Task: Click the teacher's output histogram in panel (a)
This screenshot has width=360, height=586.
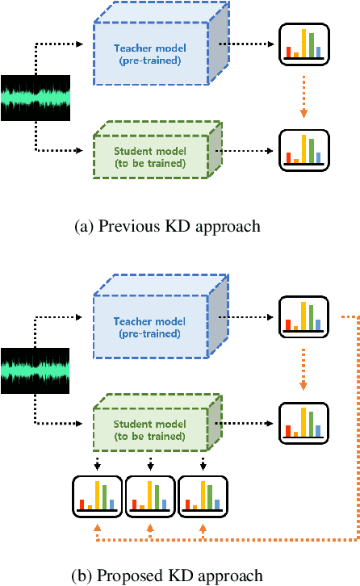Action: tap(303, 44)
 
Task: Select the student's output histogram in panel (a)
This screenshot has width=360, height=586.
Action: tap(303, 150)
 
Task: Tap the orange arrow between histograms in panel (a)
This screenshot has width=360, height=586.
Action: tap(303, 97)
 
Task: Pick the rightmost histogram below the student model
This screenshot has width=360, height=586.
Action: tap(203, 496)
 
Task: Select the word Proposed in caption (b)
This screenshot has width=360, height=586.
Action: tap(127, 576)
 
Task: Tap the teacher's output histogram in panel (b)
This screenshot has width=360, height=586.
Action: tap(303, 317)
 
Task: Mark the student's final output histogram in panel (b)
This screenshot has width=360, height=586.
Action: tap(303, 422)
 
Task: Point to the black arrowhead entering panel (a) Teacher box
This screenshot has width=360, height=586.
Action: tap(79, 44)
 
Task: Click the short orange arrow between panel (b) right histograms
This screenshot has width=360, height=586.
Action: tap(303, 370)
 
